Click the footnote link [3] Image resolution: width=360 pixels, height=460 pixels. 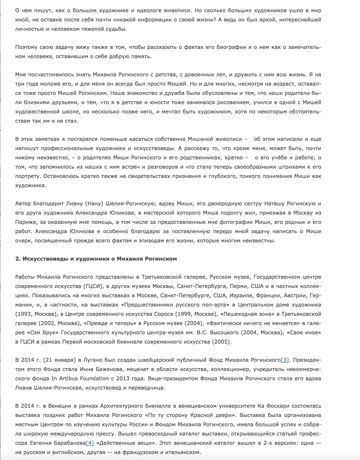click(x=285, y=360)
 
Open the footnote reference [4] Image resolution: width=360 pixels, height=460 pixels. click(x=89, y=443)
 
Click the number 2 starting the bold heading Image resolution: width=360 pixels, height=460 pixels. click(x=17, y=259)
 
